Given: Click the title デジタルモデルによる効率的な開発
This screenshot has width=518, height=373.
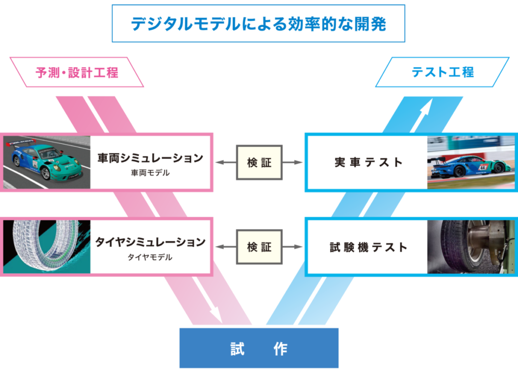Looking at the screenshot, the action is pos(258,24).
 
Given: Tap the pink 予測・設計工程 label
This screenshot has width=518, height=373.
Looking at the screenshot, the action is pos(77,72).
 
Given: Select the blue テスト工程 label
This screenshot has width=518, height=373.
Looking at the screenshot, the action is pos(443,72).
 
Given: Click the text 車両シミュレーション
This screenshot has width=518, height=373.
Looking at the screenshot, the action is pos(150,158).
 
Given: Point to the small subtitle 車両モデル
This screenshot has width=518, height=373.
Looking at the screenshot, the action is pos(150,173).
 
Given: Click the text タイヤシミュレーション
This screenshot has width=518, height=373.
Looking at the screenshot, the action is pos(150,242).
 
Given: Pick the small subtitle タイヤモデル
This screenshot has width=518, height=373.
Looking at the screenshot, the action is pos(150,257).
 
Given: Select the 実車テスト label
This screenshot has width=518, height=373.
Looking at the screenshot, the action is pos(368,162).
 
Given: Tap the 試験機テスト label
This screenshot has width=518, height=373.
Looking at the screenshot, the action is pos(368,247).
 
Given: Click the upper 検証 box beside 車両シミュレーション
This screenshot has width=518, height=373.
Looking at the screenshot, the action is pos(260,162).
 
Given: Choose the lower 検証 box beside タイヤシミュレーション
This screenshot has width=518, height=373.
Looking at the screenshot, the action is pos(260,247).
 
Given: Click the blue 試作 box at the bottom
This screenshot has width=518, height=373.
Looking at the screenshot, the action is pos(259,348).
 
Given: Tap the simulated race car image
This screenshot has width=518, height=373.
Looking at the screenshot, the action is pos(47,162).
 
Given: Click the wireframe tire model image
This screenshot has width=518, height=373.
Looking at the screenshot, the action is pos(47,247).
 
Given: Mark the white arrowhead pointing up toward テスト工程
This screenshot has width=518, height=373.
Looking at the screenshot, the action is pos(426,106).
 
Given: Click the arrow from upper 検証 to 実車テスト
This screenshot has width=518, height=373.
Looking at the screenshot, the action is pos(292,162).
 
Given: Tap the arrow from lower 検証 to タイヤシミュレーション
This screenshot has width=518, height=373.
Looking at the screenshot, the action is pos(226,247).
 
